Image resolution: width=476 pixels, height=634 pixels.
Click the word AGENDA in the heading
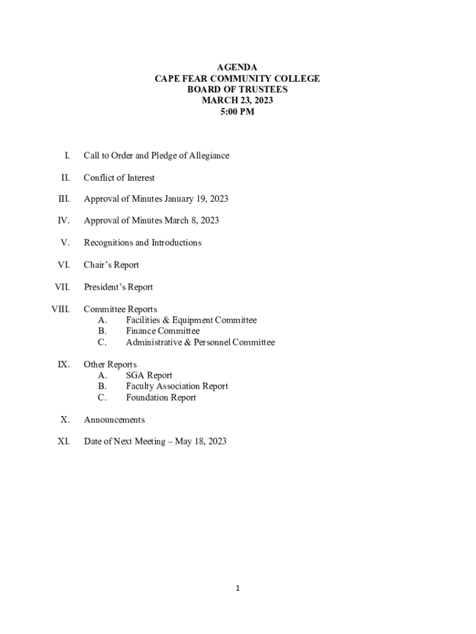pos(237,67)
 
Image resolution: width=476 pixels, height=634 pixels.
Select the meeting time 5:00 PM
pos(237,112)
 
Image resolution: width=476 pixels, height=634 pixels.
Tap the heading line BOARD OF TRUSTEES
pos(237,90)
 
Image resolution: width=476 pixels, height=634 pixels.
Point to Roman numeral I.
pos(67,155)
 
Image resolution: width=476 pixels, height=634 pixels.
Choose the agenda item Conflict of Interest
pos(119,178)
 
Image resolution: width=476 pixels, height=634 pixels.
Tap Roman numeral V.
pos(65,243)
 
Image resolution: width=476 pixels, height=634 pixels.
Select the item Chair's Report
pos(111,265)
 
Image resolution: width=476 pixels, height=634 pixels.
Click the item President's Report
pos(118,287)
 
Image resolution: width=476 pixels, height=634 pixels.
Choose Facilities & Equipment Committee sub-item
pos(191,320)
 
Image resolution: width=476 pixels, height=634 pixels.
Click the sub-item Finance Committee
pos(163,331)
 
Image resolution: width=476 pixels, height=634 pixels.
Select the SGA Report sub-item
pos(149,375)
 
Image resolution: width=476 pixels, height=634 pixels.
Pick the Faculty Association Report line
pos(177,386)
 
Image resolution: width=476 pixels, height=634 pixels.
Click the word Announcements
pos(114,420)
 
